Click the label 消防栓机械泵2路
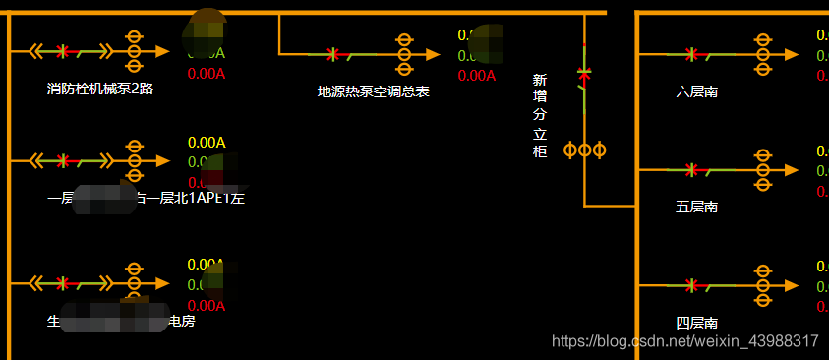coord(100,89)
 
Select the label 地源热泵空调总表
coord(374,91)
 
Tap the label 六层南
coord(696,91)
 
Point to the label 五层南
coord(696,207)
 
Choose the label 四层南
coord(696,323)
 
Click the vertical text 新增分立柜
coord(539,115)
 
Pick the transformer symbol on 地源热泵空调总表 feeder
coord(403,55)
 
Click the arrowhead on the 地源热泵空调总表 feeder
coord(433,55)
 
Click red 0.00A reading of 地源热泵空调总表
coord(477,75)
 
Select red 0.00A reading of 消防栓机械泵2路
coord(206,73)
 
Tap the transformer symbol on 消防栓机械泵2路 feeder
coord(135,50)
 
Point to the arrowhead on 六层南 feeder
coord(790,54)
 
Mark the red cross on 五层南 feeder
coord(691,170)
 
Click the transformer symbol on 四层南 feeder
coord(761,285)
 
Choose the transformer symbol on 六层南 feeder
coord(761,54)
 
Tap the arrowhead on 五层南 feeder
coord(790,170)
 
